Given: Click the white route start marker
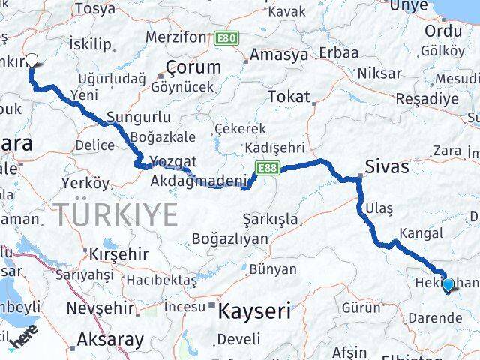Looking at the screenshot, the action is click(31, 61).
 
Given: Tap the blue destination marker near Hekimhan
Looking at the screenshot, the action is click(448, 285).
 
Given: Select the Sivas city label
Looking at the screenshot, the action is click(387, 166).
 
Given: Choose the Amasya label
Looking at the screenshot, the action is click(278, 55).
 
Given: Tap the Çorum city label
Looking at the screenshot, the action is click(193, 67).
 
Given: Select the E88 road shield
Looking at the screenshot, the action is click(267, 166).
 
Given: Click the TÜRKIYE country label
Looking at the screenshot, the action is click(115, 215).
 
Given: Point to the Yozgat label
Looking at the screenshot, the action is click(172, 161).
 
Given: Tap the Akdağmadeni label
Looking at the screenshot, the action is click(199, 181).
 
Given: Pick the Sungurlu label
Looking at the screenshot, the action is click(139, 118).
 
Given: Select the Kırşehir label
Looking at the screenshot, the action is click(118, 253).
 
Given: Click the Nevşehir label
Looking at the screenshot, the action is click(100, 307).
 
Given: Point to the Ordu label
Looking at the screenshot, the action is click(443, 31).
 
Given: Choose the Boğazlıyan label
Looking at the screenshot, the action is click(229, 238).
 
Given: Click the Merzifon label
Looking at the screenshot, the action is click(175, 37).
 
